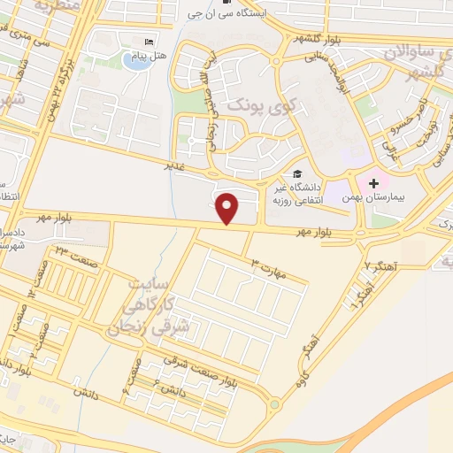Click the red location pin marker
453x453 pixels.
coord(229,209)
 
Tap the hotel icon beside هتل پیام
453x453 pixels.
coord(150,42)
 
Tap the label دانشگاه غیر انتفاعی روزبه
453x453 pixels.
coord(315,195)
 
